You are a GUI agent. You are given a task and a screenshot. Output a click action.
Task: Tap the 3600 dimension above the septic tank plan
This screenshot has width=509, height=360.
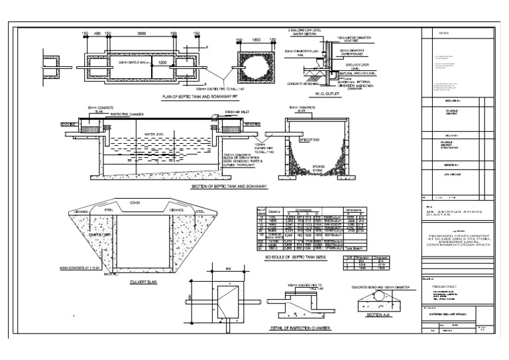142,34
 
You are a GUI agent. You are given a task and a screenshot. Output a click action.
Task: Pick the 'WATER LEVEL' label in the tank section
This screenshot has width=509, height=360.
154,134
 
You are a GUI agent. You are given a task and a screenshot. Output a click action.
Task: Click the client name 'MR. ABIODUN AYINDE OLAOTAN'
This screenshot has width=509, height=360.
455,213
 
